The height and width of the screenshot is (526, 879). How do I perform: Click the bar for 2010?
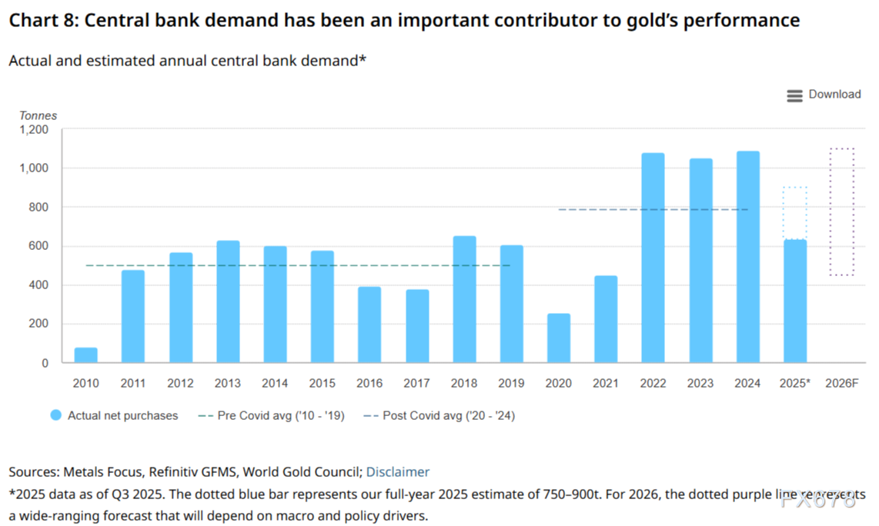[x=86, y=355]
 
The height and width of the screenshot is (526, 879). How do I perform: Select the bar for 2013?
[x=228, y=301]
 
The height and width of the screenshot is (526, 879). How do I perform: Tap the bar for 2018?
[x=464, y=299]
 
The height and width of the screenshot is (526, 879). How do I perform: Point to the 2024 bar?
[x=747, y=257]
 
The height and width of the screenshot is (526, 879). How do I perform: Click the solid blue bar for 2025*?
[x=795, y=301]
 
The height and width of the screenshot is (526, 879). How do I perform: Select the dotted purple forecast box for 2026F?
[x=842, y=211]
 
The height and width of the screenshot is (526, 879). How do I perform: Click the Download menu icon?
[x=794, y=95]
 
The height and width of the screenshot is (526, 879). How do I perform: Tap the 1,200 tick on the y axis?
[x=34, y=130]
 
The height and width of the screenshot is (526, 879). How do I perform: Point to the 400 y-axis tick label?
[x=38, y=285]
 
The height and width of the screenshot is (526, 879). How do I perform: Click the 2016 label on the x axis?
[x=369, y=383]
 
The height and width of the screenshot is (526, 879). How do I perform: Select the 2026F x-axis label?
[x=841, y=383]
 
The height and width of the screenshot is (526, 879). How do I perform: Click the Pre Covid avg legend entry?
[x=271, y=415]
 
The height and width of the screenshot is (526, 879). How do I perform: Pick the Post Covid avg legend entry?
[x=439, y=415]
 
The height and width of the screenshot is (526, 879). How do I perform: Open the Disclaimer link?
[x=397, y=471]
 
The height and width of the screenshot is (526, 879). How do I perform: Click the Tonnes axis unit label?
[x=38, y=115]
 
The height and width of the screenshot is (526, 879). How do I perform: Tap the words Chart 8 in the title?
[x=41, y=21]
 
